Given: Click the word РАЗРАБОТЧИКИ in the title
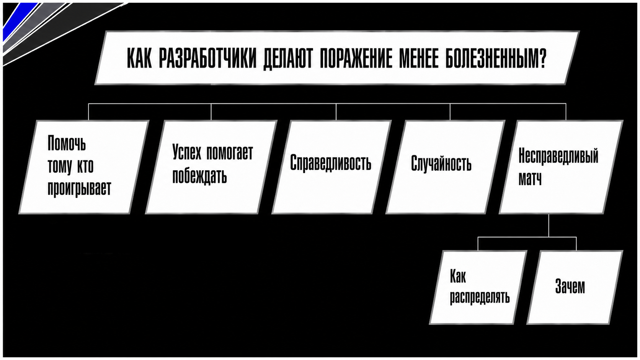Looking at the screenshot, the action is click(208, 59).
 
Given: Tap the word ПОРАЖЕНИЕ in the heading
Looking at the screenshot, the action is click(356, 59).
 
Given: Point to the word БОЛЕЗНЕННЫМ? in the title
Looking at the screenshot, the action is click(496, 59).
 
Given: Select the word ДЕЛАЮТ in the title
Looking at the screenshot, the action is click(288, 59).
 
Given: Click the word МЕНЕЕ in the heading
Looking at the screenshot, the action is click(419, 59).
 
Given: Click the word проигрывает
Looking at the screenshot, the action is click(79, 189).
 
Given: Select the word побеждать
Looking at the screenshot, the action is click(199, 176).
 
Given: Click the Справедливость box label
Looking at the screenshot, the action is click(330, 163).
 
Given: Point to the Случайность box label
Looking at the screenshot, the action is click(441, 164).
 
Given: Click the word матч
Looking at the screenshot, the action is click(530, 179).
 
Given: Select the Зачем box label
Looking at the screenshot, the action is click(570, 286).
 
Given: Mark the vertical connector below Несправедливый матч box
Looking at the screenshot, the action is click(549, 225).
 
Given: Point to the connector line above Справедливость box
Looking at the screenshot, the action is click(336, 112).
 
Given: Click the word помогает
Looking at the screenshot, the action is click(230, 153).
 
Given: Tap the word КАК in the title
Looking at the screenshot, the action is click(139, 59).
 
